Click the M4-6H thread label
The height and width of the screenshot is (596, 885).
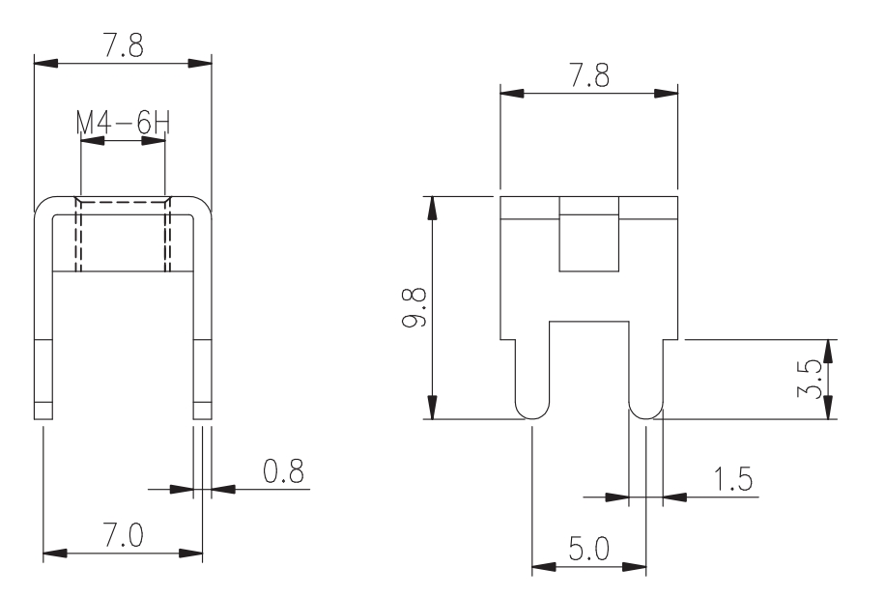click(123, 123)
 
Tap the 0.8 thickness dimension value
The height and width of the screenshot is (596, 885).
click(283, 471)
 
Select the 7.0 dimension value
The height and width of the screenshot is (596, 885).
click(123, 534)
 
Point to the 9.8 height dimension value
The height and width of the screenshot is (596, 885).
click(414, 307)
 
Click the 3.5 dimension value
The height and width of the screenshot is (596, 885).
click(810, 380)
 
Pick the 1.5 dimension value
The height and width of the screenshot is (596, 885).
click(732, 479)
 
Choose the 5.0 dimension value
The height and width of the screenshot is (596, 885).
click(588, 549)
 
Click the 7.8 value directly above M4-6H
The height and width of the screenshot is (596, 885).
click(123, 44)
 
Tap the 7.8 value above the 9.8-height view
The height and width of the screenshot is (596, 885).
click(589, 75)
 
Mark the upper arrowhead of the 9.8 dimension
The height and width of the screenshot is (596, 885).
click(432, 207)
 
